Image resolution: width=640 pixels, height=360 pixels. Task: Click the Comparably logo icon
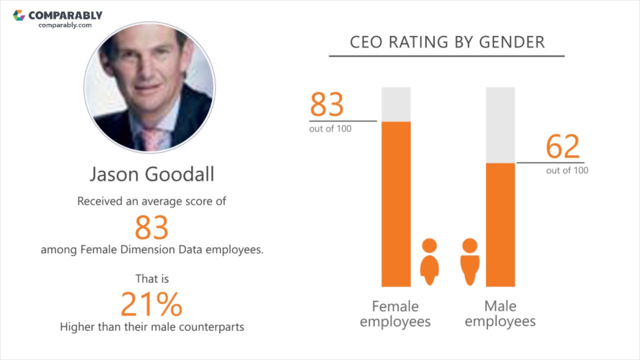pos(19,15)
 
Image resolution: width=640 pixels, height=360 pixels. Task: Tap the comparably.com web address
pos(65,25)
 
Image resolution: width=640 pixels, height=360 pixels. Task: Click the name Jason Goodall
pos(152,174)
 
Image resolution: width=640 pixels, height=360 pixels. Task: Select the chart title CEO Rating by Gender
pos(447,42)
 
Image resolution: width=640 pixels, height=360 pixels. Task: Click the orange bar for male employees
pos(500,225)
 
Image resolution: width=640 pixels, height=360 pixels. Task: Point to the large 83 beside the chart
pos(327,104)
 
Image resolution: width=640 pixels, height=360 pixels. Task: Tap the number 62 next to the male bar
pos(563,146)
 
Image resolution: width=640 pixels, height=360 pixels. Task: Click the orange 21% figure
pos(151,304)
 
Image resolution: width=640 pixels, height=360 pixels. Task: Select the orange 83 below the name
pos(151,227)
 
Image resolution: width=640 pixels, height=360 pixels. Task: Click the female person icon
pos(429,262)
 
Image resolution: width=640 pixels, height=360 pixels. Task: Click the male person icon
pos(469,262)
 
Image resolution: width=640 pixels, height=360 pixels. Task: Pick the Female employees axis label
pos(395,313)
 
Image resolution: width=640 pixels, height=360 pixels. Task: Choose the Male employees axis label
pos(500,313)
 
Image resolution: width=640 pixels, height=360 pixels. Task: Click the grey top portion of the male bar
pos(500,125)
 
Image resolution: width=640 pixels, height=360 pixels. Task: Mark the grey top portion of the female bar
pos(396,104)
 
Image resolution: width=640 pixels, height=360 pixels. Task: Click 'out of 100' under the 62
pos(567,170)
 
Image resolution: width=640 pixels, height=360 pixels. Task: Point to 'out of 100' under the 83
pos(330,129)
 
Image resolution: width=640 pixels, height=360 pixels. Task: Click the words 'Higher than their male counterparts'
pos(152,327)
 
